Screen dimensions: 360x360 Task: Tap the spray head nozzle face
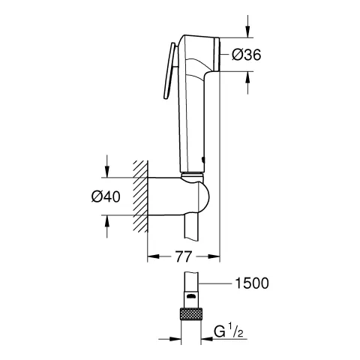click(217, 54)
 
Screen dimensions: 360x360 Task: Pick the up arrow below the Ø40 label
click(108, 224)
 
